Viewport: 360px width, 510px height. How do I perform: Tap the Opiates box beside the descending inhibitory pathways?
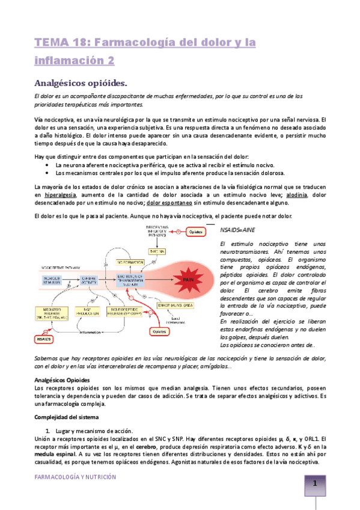(x=198, y=232)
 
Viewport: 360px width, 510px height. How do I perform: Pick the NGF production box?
(x=90, y=312)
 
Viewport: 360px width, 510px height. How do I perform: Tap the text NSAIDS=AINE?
(x=238, y=229)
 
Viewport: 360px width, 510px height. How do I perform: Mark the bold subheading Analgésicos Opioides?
(x=61, y=380)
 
